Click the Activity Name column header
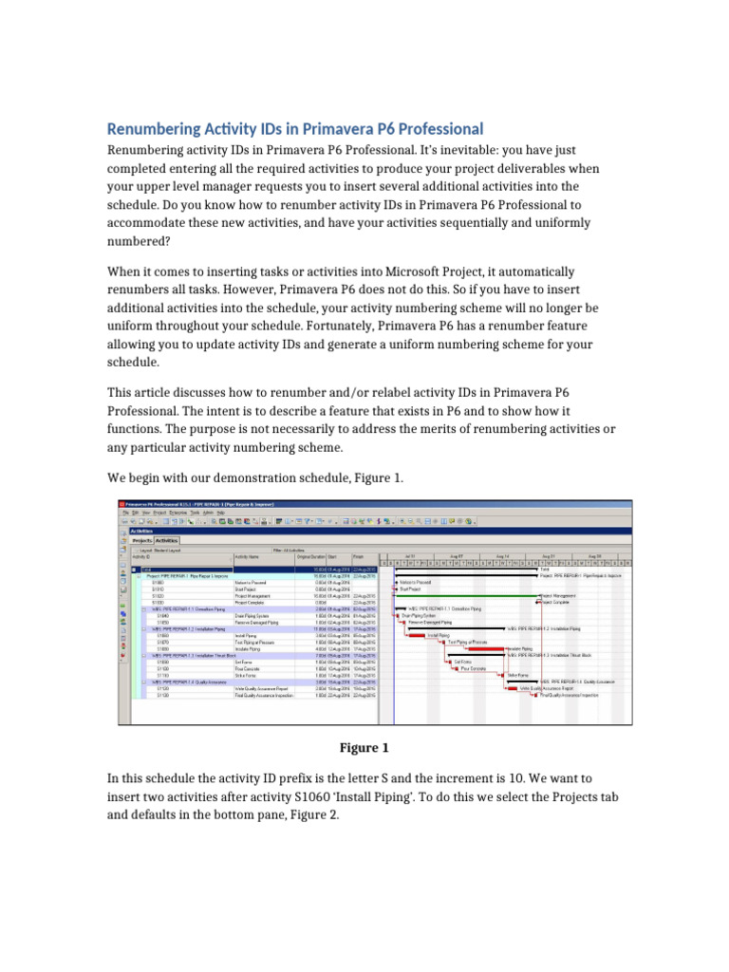[x=253, y=556]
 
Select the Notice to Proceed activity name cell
[x=252, y=582]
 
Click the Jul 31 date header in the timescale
[x=409, y=555]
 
